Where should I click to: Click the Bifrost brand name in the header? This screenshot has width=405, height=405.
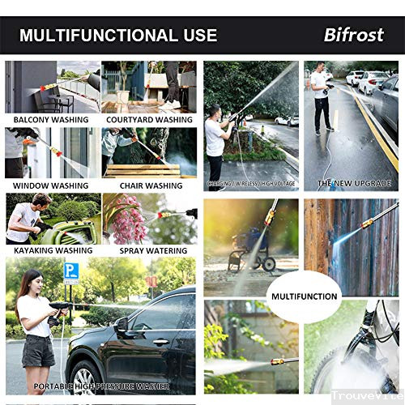359,36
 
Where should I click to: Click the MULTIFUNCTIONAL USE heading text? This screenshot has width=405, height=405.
118,36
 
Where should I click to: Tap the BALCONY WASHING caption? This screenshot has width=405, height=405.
52,120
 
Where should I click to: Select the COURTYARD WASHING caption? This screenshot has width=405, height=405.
149,120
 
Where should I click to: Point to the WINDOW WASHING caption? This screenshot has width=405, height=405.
51,185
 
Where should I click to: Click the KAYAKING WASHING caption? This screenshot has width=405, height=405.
50,250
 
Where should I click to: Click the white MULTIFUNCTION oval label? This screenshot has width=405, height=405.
303,296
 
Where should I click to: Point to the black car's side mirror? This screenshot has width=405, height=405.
122,326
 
